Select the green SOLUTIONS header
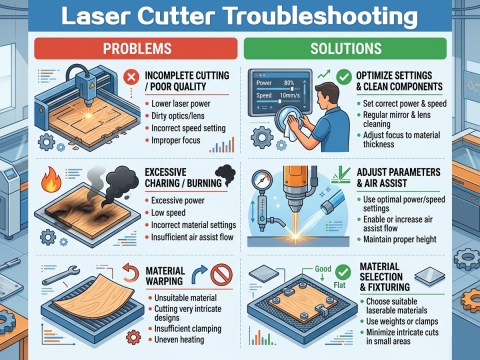tap(357, 48)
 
